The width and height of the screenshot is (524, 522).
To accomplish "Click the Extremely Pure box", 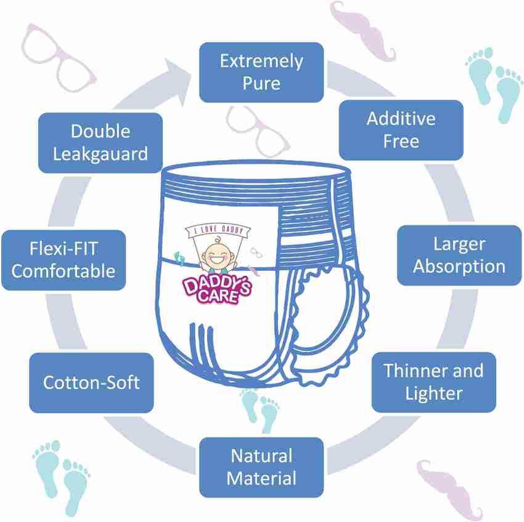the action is pos(261,72).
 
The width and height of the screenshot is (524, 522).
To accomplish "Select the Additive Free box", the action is pos(401,130).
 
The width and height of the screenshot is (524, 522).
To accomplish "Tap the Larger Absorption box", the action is pos(459,255).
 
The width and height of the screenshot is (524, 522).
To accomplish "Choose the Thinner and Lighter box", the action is pos(434,382).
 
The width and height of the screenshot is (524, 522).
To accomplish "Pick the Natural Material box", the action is pos(261,467).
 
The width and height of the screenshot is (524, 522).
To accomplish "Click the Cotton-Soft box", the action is pos(91,382).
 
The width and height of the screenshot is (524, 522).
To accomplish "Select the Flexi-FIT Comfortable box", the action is pos(63,260).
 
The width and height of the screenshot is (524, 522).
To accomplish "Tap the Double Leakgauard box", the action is pos(100,143).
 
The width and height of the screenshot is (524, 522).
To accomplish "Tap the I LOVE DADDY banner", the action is pos(218,230).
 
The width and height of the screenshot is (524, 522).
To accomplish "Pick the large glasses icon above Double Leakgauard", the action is pos(59,58).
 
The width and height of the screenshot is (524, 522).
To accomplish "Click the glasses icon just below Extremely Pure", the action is pos(257,132).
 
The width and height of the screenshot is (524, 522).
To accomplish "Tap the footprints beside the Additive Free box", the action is pos(494,84).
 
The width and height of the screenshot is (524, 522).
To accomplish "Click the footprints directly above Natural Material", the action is pos(260,410).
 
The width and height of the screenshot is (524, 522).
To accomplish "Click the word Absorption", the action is pos(459,267).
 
